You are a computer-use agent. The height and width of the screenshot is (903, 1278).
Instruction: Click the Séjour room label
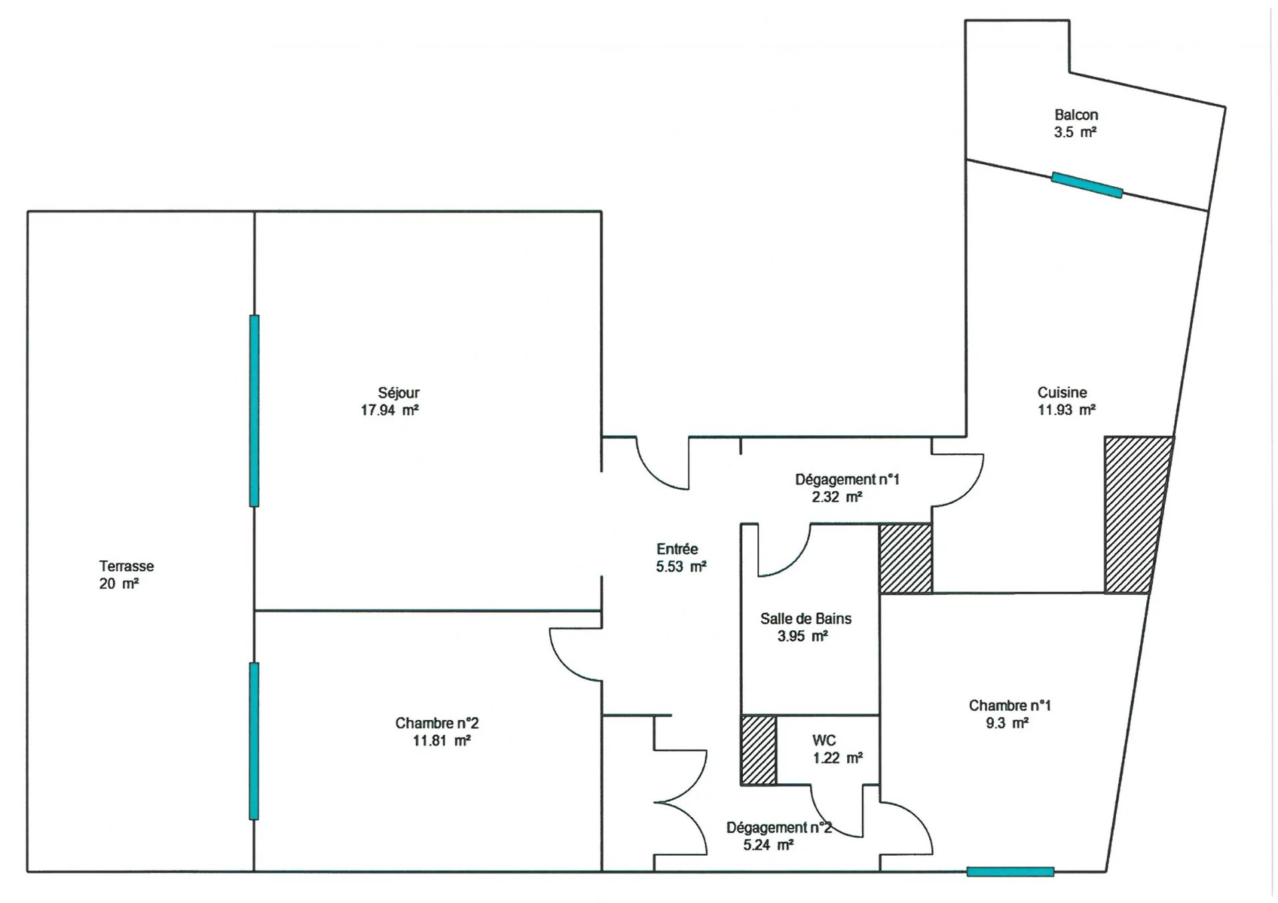(399, 393)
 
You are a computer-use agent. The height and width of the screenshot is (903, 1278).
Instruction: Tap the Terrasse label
(126, 566)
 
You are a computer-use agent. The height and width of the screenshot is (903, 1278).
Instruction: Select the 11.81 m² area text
(442, 741)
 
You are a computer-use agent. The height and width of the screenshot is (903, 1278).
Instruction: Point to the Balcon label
(1076, 115)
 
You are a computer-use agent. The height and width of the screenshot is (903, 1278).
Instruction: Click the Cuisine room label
(1062, 393)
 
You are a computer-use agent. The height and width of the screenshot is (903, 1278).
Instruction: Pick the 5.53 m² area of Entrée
(681, 567)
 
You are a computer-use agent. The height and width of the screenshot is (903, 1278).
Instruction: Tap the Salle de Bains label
(806, 619)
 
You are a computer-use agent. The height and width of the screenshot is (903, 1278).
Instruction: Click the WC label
(824, 741)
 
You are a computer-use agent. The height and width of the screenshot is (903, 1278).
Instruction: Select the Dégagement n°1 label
(847, 479)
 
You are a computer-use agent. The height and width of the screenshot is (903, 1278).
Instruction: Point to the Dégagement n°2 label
(779, 828)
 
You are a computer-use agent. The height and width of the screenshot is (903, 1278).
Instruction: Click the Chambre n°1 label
(1010, 705)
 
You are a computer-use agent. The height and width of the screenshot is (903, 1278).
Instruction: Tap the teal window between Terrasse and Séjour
(254, 411)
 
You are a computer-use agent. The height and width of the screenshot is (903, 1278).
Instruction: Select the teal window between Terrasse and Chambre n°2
(254, 741)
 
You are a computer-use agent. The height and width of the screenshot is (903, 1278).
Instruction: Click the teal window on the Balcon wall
(1087, 185)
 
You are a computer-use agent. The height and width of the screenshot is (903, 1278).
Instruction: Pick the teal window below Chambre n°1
(1010, 872)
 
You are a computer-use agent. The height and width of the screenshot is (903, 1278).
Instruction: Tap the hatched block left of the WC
(759, 750)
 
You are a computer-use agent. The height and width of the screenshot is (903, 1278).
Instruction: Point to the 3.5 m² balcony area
(1075, 132)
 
